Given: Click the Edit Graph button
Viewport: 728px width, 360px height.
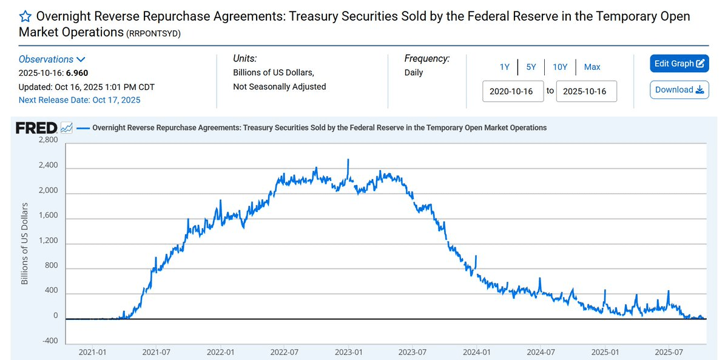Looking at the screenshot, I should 679,64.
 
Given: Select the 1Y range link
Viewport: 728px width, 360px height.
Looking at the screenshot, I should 505,67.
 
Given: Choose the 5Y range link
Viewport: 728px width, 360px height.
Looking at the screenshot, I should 531,67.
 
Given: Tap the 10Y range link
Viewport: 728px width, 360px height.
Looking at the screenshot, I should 559,67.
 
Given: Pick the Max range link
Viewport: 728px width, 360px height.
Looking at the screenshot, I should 592,67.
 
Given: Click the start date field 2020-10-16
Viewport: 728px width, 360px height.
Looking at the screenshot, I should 513,91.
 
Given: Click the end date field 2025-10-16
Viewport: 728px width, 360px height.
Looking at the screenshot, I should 586,91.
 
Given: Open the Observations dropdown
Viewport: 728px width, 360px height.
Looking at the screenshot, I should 52,59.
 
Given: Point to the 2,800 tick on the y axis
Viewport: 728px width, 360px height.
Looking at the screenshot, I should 48,140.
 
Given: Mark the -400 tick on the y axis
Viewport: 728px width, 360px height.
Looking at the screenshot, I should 49,341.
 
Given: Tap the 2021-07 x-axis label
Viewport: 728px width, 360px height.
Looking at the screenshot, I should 157,352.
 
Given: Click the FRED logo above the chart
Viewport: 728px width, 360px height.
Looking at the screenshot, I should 36,128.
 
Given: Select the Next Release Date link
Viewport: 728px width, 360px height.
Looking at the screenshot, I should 79,100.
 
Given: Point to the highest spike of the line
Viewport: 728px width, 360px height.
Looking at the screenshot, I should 348,160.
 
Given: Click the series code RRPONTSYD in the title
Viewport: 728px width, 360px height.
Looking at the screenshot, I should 153,33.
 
